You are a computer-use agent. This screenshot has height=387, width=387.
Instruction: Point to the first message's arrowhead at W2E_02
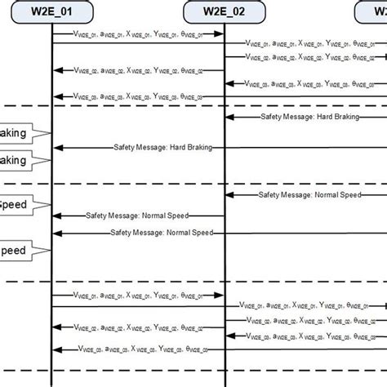point(220,33)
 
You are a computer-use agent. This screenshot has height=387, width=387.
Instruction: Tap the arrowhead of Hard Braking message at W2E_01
point(56,147)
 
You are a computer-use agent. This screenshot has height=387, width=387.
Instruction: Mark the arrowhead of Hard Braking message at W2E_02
point(229,117)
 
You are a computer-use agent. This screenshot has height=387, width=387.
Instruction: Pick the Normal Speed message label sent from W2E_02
point(137,216)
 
